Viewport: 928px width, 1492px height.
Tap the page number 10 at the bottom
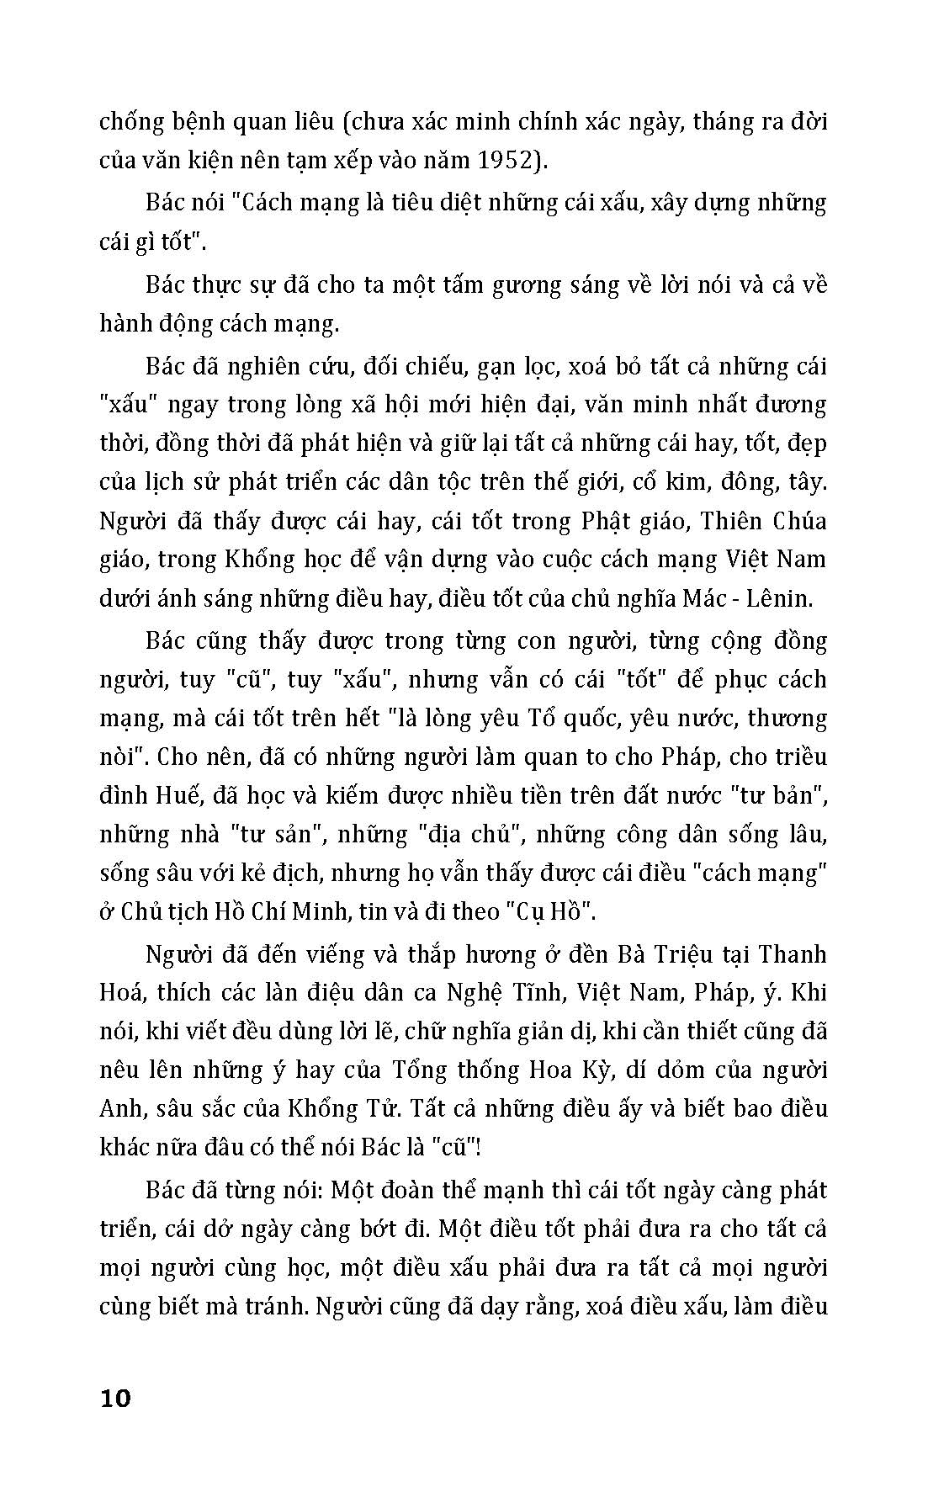tap(115, 1399)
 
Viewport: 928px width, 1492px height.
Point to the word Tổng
tap(416, 1070)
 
